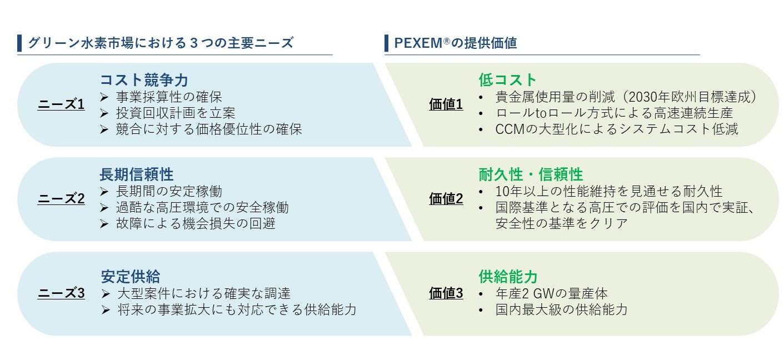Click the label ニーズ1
pyautogui.click(x=61, y=104)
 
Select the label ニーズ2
pyautogui.click(x=61, y=199)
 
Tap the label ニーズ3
pyautogui.click(x=61, y=293)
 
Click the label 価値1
pyautogui.click(x=446, y=104)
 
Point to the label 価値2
pyautogui.click(x=446, y=199)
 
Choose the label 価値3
pyautogui.click(x=446, y=293)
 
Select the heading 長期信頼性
pyautogui.click(x=137, y=174)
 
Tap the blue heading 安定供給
pyautogui.click(x=131, y=276)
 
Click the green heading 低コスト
pyautogui.click(x=508, y=80)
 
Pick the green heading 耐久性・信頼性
pyautogui.click(x=531, y=174)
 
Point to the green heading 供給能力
pyautogui.click(x=508, y=276)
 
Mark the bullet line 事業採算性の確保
pyautogui.click(x=169, y=97)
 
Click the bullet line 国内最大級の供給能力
pyautogui.click(x=561, y=309)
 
